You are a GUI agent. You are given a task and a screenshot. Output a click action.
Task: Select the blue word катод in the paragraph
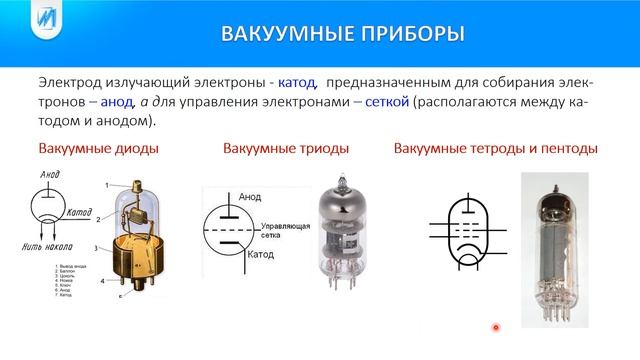pyautogui.click(x=294, y=84)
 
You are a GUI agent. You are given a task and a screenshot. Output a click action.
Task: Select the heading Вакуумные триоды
pyautogui.click(x=286, y=150)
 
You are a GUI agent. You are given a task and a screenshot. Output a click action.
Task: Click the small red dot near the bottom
pyautogui.click(x=495, y=326)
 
